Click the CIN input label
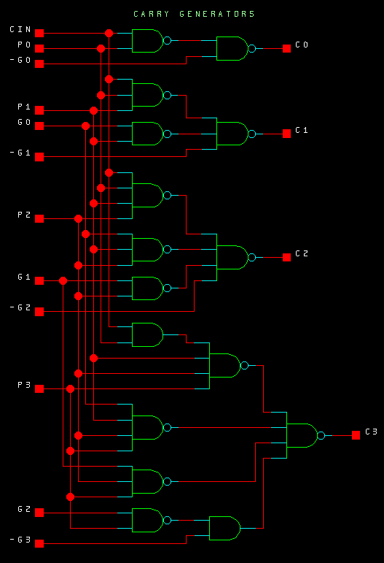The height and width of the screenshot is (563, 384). click(20, 29)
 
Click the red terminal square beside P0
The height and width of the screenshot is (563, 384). click(39, 48)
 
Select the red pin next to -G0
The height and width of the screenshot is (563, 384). click(39, 64)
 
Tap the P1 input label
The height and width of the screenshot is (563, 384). click(24, 107)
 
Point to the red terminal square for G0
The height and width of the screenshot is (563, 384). click(39, 126)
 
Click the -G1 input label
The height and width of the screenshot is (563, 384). click(20, 153)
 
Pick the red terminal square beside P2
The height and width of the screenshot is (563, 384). click(39, 218)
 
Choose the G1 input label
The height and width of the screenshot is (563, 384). click(24, 277)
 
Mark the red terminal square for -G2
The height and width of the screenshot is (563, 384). click(39, 312)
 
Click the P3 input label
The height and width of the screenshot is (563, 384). click(24, 385)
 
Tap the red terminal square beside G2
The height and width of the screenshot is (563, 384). click(39, 513)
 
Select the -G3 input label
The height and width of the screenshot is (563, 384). click(20, 540)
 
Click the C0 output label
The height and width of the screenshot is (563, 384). click(302, 45)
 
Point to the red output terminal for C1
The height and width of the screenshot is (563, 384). click(286, 134)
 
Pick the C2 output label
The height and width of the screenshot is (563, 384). click(302, 253)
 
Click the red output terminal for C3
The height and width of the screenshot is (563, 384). click(356, 435)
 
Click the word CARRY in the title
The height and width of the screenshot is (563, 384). click(151, 14)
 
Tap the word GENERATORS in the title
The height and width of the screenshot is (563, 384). click(217, 14)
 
